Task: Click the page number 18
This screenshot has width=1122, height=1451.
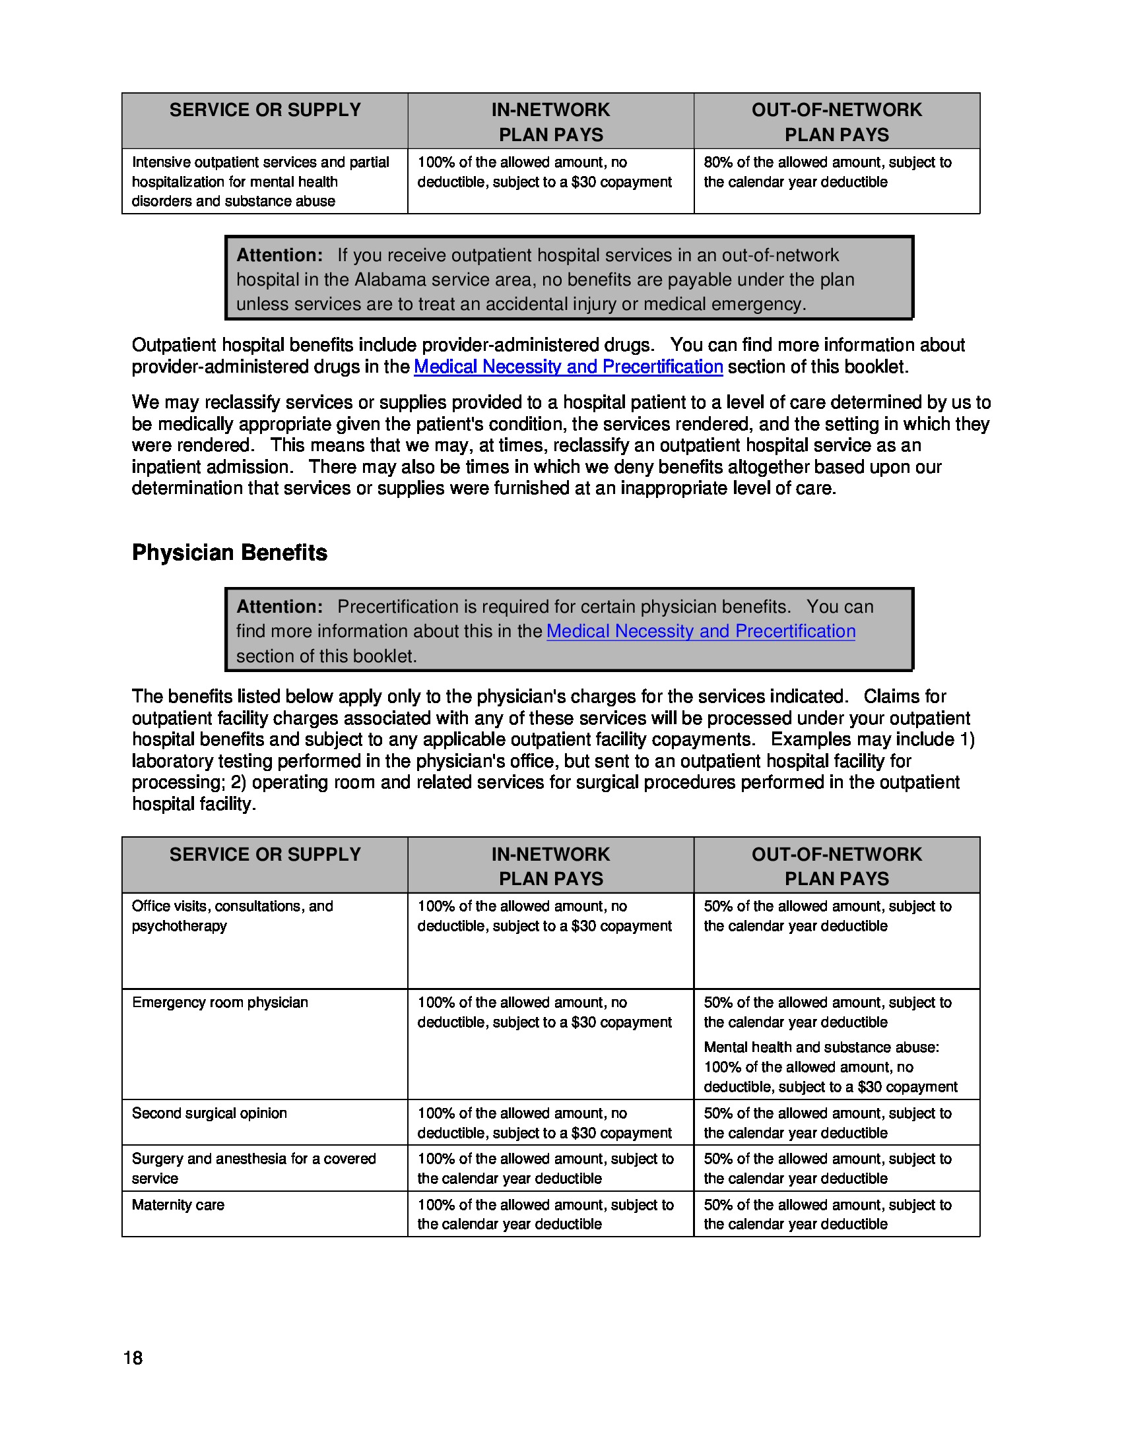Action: tap(133, 1358)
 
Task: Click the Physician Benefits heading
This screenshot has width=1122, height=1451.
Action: tap(229, 553)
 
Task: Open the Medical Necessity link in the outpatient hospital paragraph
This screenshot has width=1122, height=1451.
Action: tap(568, 367)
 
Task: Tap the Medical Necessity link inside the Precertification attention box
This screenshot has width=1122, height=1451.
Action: tap(700, 631)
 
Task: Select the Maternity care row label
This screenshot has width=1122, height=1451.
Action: tap(178, 1204)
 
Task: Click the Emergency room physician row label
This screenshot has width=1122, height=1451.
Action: tap(220, 1002)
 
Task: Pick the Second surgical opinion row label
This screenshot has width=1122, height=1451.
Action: tap(209, 1113)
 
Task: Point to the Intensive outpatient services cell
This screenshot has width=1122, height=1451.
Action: tap(261, 181)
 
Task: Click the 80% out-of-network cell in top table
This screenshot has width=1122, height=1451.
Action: tap(828, 172)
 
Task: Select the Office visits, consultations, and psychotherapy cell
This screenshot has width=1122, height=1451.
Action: tap(232, 915)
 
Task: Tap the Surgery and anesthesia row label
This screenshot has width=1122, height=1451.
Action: tap(253, 1168)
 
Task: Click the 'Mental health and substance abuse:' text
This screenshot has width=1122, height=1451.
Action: tap(821, 1047)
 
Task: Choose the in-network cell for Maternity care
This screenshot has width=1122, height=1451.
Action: tap(545, 1214)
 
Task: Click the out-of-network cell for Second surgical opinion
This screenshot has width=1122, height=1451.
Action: tap(828, 1123)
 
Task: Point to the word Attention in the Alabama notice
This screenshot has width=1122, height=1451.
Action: tap(279, 255)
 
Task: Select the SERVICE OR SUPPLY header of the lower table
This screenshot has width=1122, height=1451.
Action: tap(265, 854)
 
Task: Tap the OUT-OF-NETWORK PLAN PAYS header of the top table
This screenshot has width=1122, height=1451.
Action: tap(836, 121)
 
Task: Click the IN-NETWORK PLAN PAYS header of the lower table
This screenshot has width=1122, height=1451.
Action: tap(550, 866)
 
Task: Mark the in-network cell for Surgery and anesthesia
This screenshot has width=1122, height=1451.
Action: tap(545, 1168)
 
